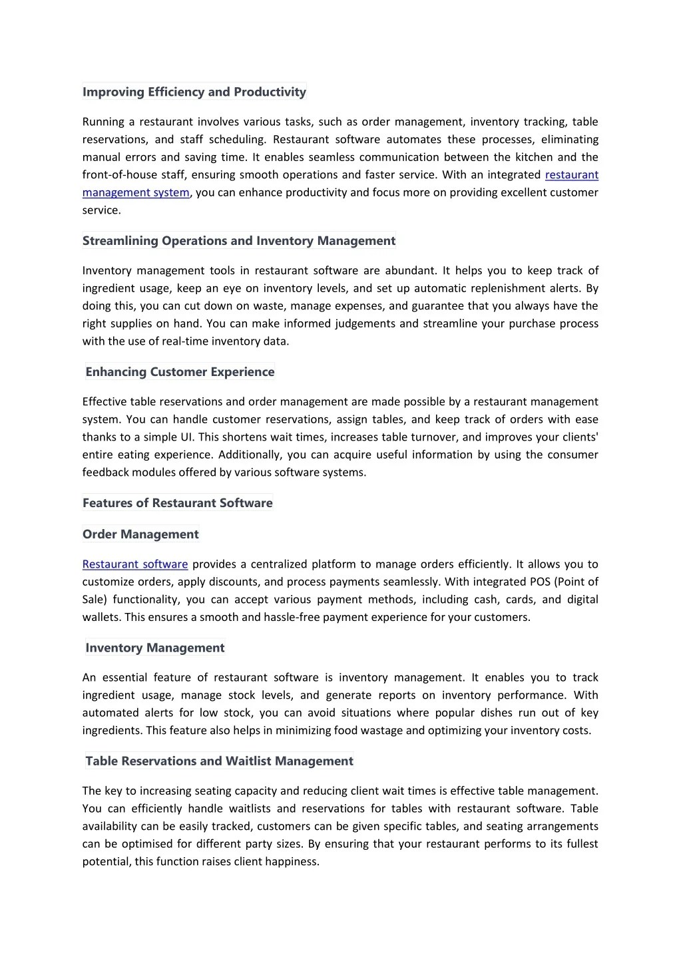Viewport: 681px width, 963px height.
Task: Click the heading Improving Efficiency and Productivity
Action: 194,92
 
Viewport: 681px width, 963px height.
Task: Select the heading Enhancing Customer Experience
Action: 180,372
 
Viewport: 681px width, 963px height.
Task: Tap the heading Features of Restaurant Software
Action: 177,503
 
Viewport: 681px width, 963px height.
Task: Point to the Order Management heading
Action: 140,534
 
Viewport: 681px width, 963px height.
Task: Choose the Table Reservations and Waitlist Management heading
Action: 219,761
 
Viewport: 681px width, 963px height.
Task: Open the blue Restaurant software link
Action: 135,564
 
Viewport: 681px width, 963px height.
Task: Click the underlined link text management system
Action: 136,192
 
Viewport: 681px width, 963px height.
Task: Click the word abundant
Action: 410,270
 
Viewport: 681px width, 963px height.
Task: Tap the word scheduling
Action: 237,139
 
